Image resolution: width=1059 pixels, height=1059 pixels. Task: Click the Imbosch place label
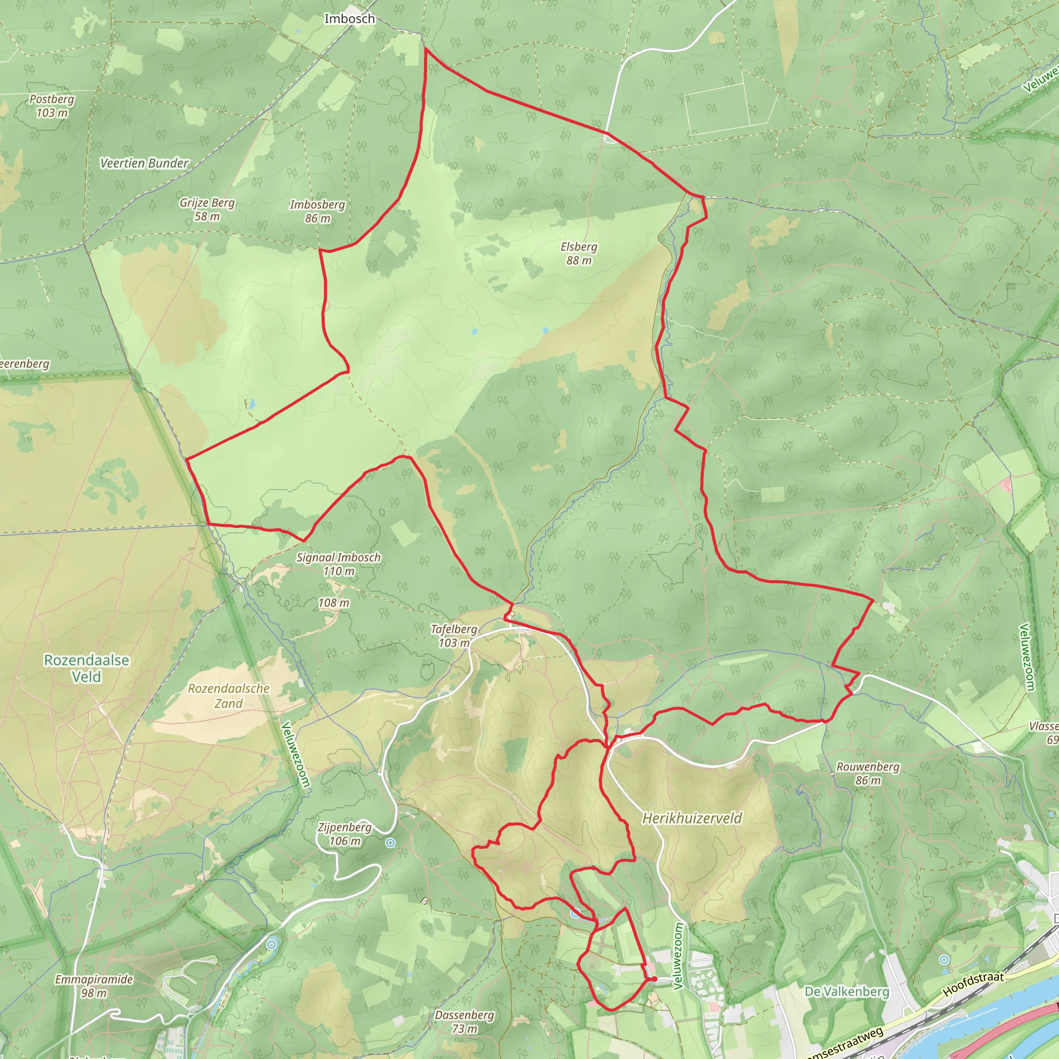(x=349, y=19)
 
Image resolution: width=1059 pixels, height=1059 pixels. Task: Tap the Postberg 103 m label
(x=52, y=106)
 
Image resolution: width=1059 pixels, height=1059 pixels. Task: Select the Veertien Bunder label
(x=144, y=163)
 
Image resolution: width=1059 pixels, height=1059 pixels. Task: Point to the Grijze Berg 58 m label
(x=207, y=209)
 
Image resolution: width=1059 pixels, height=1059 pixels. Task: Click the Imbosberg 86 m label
(x=317, y=211)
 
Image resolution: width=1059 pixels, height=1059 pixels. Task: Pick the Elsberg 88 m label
(x=579, y=253)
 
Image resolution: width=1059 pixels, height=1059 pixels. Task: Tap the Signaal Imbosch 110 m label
(x=338, y=564)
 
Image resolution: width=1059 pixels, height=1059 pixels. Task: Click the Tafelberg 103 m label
(x=454, y=636)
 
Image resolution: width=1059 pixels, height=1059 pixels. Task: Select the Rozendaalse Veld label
(x=86, y=668)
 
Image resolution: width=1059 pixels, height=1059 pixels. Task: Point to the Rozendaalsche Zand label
(x=229, y=695)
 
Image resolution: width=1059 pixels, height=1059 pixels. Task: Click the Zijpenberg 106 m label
(x=344, y=834)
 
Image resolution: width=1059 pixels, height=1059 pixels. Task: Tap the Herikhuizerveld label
(x=692, y=819)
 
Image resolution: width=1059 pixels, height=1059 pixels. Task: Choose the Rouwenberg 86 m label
(x=868, y=774)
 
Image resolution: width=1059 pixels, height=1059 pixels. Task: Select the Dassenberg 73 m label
(x=464, y=1022)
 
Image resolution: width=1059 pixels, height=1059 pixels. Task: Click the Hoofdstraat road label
(x=973, y=984)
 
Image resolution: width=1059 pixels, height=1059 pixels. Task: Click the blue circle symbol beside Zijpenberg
(x=390, y=843)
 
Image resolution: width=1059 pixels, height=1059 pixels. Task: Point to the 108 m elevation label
(x=334, y=603)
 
